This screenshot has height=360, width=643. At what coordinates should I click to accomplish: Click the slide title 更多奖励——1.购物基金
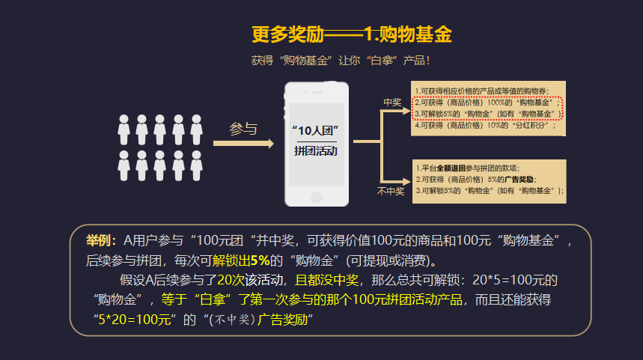pyautogui.click(x=351, y=34)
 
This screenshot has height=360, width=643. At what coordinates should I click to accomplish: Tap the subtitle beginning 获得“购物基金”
pyautogui.click(x=341, y=61)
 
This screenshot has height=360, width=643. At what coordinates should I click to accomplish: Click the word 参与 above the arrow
pyautogui.click(x=243, y=129)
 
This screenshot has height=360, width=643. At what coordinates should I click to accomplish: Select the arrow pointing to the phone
pyautogui.click(x=244, y=143)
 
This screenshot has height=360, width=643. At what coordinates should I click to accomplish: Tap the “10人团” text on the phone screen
pyautogui.click(x=316, y=131)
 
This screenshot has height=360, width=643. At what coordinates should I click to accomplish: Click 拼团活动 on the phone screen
pyautogui.click(x=316, y=150)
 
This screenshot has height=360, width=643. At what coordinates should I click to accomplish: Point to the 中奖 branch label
pyautogui.click(x=392, y=103)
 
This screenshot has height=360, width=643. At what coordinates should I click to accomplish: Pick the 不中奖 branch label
pyautogui.click(x=390, y=192)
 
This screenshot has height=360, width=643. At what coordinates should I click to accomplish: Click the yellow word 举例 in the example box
pyautogui.click(x=100, y=240)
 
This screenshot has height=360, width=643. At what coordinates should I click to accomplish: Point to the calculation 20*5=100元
pyautogui.click(x=511, y=280)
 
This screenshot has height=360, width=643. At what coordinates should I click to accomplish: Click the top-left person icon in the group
pyautogui.click(x=124, y=129)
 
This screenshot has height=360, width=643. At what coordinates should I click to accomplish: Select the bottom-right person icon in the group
pyautogui.click(x=197, y=165)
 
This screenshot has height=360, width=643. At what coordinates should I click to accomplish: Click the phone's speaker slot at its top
pyautogui.click(x=317, y=92)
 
